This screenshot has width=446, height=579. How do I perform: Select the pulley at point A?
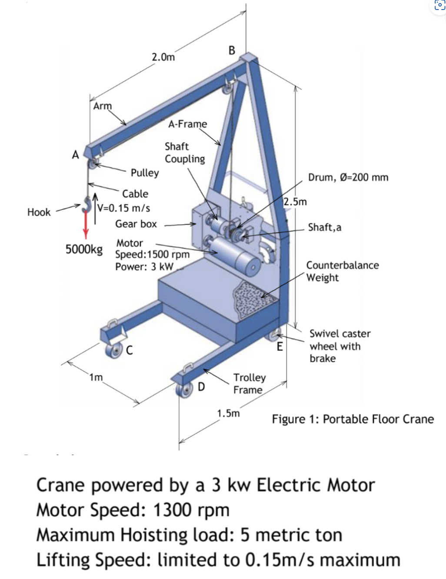coord(92,165)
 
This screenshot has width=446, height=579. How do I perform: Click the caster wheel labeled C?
coord(115,350)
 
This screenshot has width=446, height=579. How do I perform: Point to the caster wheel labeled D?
coord(185,388)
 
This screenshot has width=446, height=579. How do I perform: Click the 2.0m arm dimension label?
coord(163,57)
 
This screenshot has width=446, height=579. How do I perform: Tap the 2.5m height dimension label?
coord(295,202)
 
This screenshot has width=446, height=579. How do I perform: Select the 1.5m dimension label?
coord(228,413)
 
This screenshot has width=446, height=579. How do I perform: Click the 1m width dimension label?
coord(96,377)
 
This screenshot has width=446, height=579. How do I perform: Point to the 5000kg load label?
coord(84,250)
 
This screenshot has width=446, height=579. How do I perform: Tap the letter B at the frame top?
coord(232,50)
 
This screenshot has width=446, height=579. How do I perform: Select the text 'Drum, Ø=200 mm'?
coord(348,177)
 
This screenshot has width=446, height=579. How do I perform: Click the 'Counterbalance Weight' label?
coord(342,271)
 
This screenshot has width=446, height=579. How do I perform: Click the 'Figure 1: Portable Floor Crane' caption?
coord(353,419)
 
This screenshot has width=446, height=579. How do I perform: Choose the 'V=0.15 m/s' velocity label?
coord(124,208)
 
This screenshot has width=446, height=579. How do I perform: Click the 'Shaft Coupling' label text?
coord(184,153)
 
